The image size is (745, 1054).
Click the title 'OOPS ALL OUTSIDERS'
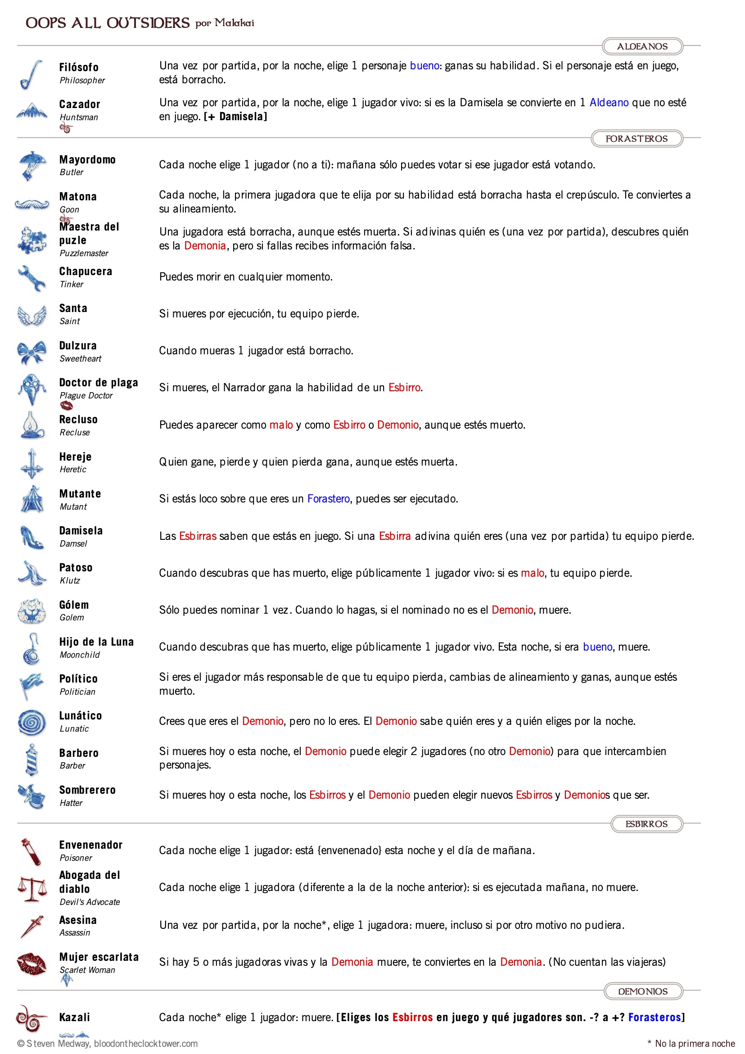pos(108,23)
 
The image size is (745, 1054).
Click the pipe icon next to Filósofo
pos(31,74)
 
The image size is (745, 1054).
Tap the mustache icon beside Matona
pos(32,204)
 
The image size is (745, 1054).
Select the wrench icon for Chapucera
pos(32,278)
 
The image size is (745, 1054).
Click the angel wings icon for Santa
pos(32,315)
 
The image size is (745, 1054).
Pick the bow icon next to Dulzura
pos(32,352)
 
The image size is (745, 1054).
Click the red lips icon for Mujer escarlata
pos(31,963)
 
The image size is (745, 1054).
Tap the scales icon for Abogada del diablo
pos(32,888)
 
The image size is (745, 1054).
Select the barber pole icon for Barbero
pos(31,759)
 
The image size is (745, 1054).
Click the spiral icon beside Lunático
pos(32,722)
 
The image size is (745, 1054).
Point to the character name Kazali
pos(74,1017)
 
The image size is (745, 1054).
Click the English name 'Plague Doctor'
pos(86,395)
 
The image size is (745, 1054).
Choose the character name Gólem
pos(74,605)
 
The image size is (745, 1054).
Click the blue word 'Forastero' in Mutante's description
pos(328,498)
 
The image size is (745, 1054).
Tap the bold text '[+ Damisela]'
pos(235,117)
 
